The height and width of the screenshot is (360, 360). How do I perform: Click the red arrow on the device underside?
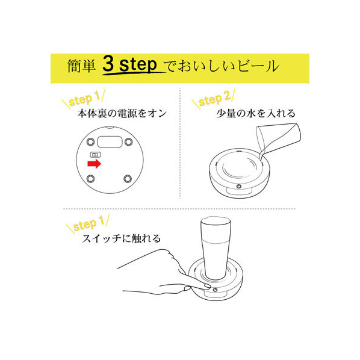coord(95,164)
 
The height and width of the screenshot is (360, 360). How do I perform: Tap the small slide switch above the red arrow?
coord(95,155)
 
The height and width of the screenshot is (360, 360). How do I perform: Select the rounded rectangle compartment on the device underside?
coord(110,142)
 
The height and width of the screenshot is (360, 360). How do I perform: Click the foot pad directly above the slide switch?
coord(90,141)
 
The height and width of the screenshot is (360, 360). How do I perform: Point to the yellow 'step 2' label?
coord(214,99)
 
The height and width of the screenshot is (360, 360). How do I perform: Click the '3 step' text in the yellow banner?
coord(129,64)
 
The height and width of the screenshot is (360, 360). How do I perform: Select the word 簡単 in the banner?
coord(81,66)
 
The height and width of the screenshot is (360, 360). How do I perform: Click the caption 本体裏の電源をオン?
coord(122,113)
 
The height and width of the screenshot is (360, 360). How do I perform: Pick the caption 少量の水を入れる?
coord(256,113)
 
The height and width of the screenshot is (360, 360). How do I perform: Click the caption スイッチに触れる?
coord(121,238)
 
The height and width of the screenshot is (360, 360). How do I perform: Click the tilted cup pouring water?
coord(278,137)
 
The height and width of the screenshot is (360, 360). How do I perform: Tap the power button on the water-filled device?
coord(239,186)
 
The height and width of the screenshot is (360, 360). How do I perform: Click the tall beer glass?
coord(216,248)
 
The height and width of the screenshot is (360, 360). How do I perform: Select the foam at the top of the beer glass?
coord(216,220)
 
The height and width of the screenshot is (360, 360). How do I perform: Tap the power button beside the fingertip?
coord(215,290)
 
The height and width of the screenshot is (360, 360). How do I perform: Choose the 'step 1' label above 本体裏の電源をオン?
coord(84,99)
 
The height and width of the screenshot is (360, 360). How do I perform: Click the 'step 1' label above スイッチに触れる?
coord(88,224)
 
